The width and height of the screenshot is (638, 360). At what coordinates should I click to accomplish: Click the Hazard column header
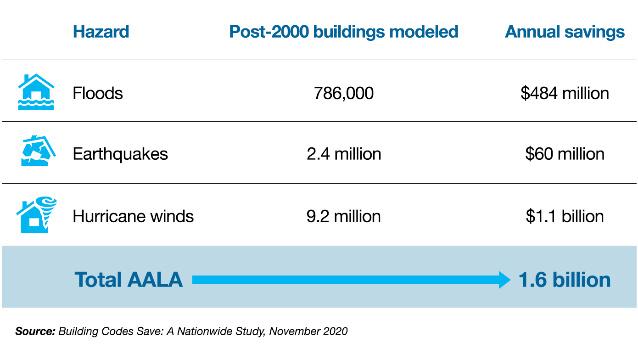click(x=101, y=32)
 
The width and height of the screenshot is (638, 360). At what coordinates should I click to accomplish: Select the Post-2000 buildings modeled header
click(x=344, y=32)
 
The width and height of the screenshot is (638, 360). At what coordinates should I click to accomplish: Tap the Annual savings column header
click(x=565, y=32)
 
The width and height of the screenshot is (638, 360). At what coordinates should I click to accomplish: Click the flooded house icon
click(x=36, y=92)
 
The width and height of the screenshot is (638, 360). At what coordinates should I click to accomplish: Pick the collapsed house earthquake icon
click(x=38, y=152)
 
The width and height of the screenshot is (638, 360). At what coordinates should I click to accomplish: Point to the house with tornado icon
click(x=37, y=214)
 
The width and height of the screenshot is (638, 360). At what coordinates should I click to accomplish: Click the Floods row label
click(x=98, y=94)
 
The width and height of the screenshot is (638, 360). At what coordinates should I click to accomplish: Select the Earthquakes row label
click(x=120, y=154)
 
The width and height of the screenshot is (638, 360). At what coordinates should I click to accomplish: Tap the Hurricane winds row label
click(x=133, y=216)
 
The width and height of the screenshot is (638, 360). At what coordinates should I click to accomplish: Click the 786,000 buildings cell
click(x=344, y=94)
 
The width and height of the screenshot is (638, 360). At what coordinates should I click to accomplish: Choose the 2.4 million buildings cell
click(x=344, y=154)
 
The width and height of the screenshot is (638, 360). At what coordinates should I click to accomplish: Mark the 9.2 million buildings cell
click(x=344, y=216)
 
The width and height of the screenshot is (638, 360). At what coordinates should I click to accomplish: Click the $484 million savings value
click(x=565, y=94)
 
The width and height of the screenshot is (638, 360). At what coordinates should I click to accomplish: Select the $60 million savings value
click(x=565, y=154)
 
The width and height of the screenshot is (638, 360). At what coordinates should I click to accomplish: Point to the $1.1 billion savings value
click(x=565, y=216)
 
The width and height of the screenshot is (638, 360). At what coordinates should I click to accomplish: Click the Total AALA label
click(x=129, y=280)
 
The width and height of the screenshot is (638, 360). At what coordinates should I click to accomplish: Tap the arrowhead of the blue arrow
click(x=504, y=280)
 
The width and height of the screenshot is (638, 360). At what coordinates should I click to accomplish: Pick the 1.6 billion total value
click(x=565, y=280)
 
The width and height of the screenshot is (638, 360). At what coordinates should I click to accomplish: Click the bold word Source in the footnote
click(x=35, y=331)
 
